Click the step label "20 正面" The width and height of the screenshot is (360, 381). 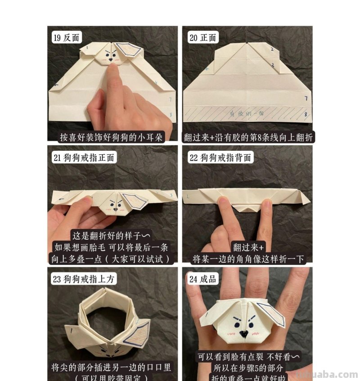click(202, 38)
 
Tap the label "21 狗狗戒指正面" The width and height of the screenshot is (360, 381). click(84, 157)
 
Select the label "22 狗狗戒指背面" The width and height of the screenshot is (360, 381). click(220, 157)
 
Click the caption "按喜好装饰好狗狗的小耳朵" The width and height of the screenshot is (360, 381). click(112, 137)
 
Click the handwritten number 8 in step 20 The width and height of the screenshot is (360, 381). click(306, 115)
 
